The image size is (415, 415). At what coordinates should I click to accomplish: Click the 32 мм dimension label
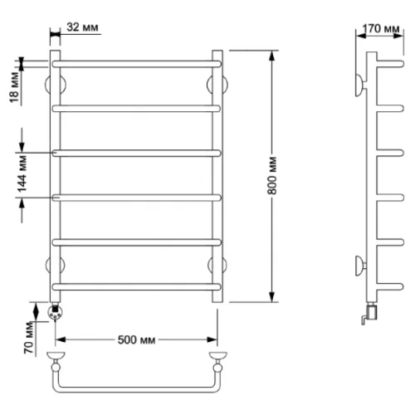(82, 27)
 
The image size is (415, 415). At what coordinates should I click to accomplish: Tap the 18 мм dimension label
(14, 88)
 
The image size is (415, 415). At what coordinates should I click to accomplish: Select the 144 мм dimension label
(22, 174)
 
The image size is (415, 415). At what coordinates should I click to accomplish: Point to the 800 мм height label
(272, 175)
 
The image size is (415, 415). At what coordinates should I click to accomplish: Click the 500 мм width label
(136, 339)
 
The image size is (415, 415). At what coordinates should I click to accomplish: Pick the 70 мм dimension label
(29, 338)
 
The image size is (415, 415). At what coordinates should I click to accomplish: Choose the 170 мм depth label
(381, 28)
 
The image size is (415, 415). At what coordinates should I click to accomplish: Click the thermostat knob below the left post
(56, 313)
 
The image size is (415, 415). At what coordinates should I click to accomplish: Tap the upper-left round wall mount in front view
(56, 85)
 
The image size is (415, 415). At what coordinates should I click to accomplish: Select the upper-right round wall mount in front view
(217, 85)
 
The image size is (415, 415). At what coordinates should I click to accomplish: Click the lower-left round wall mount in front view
(56, 265)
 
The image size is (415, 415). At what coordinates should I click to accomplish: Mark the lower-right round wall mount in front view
(217, 265)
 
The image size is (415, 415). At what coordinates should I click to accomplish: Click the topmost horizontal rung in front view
(137, 64)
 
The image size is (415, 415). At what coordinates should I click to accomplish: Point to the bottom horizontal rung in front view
(137, 286)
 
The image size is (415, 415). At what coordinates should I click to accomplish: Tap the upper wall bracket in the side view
(361, 85)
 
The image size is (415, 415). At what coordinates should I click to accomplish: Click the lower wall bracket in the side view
(360, 266)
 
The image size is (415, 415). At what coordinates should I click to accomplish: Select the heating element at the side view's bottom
(370, 314)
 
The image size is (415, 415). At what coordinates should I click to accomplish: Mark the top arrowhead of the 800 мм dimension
(272, 56)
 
